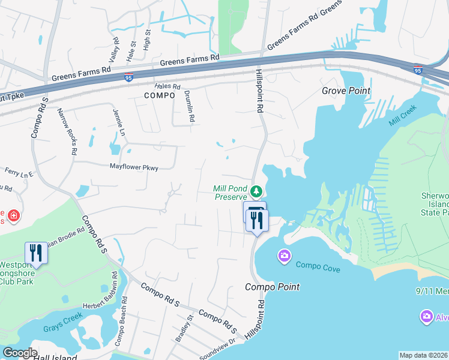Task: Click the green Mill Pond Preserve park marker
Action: pos(256,192)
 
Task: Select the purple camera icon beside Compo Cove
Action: pos(284,257)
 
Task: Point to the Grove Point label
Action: pos(346,91)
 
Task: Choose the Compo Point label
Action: pos(272,287)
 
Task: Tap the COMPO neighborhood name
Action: pos(159,95)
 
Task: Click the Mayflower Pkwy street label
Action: pos(133,168)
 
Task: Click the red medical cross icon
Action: pos(13,215)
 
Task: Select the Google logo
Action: pos(19,353)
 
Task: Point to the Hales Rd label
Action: pos(168,86)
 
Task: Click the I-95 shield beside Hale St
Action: pos(129,77)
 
